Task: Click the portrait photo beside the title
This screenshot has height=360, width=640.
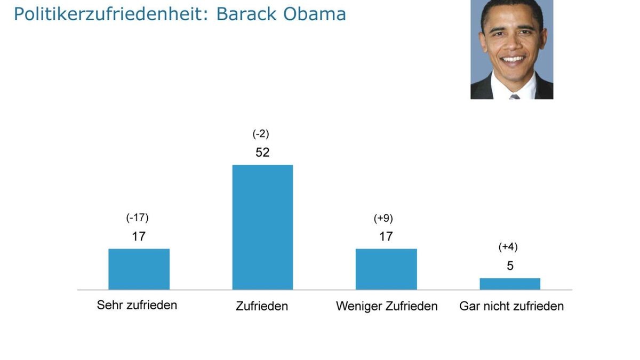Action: pos(511,49)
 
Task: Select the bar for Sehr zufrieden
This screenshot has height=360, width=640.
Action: pos(139,269)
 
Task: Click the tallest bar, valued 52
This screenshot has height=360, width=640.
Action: pos(262,227)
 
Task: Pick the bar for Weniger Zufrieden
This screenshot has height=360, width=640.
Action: pos(386,269)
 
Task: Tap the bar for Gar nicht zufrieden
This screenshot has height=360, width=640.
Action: pos(510,284)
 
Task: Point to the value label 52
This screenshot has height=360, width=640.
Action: pos(262,153)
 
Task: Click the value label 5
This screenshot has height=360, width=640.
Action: pos(510,266)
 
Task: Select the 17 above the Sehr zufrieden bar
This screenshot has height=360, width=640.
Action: pos(139,236)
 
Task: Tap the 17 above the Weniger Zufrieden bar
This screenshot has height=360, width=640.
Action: pos(386,236)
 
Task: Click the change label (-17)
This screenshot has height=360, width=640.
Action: pos(138,218)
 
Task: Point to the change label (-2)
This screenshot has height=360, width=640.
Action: pos(261,134)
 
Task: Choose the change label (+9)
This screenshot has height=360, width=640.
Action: pos(383,218)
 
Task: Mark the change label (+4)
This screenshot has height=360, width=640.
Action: pos(508,247)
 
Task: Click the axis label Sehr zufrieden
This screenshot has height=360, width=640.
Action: pos(137,306)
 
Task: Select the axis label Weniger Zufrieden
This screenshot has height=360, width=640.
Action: pos(387,306)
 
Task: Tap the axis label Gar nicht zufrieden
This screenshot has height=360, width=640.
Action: pos(511,306)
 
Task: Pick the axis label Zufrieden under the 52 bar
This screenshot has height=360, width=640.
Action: pos(262,306)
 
